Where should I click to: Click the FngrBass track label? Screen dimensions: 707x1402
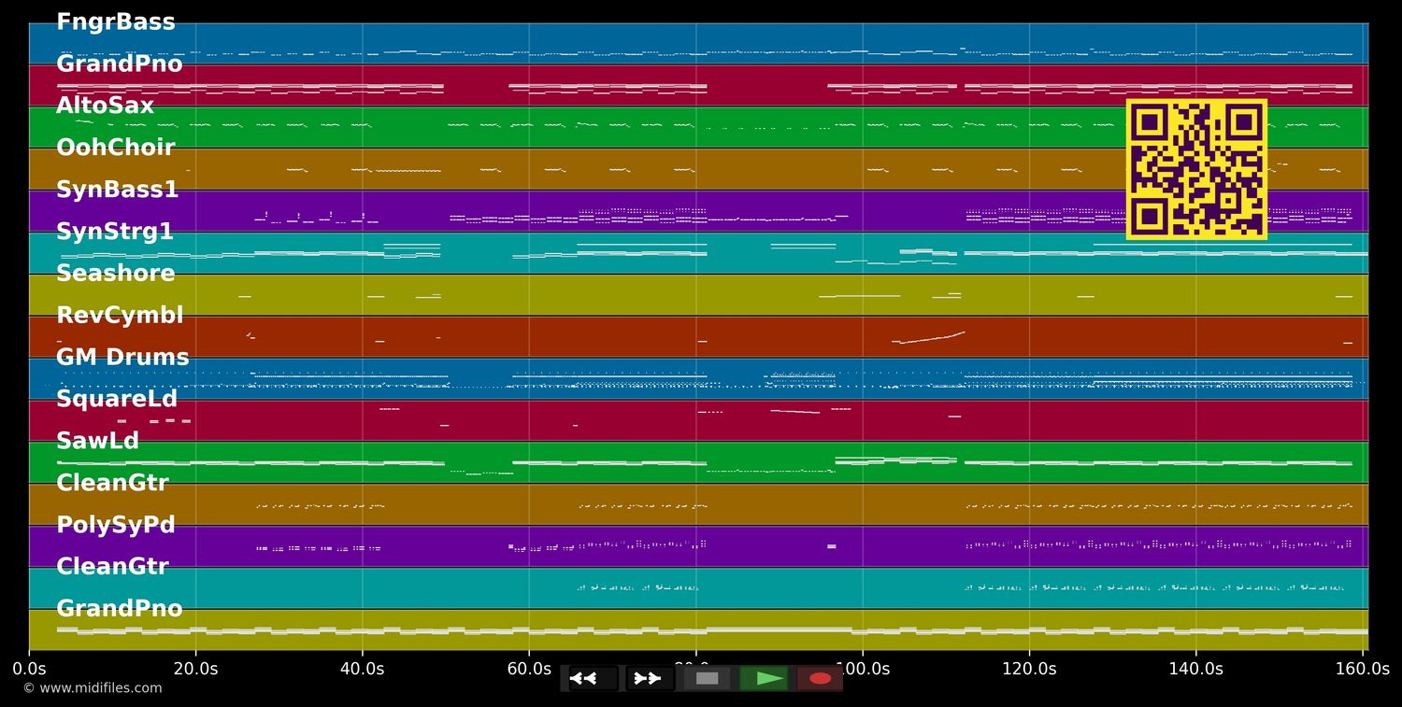[x=115, y=22]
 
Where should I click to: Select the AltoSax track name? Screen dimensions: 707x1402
[x=105, y=106]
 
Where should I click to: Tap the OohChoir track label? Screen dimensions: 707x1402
[x=115, y=148]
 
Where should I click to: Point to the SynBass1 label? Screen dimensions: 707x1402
[x=117, y=191]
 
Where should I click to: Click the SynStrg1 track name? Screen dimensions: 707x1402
[x=114, y=232]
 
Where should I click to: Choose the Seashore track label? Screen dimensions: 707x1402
[x=115, y=274]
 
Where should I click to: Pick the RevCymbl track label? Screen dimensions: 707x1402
[x=120, y=316]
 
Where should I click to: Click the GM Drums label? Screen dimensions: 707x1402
[x=122, y=358]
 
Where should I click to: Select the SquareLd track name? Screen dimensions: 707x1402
[x=117, y=400]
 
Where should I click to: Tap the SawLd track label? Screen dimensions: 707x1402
[x=97, y=442]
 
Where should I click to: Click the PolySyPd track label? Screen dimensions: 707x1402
[x=116, y=525]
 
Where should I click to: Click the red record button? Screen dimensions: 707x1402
[x=820, y=678]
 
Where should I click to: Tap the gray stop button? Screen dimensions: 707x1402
[x=708, y=678]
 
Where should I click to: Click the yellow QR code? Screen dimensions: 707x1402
[x=1196, y=169]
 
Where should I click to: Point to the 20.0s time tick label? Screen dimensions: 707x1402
[x=195, y=669]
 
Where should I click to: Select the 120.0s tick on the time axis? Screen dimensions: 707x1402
[x=1029, y=669]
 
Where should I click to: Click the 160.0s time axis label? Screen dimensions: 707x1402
[x=1362, y=669]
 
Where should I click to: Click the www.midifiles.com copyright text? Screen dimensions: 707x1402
[x=93, y=688]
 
